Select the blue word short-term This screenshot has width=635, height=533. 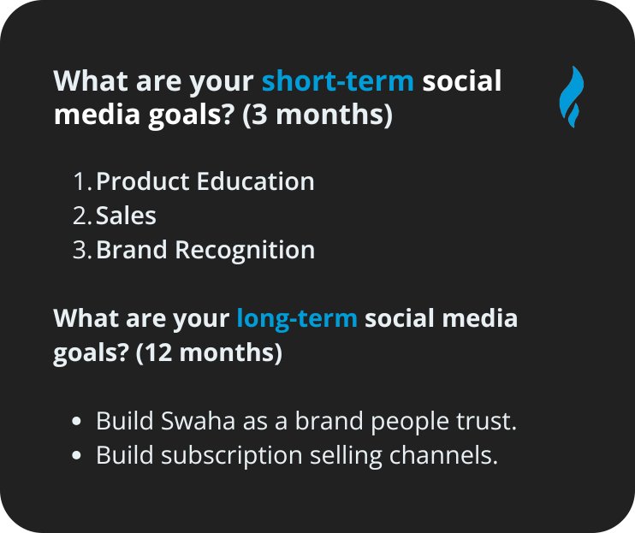point(338,82)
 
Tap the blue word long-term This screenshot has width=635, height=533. point(297,319)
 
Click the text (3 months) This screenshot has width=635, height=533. point(317,115)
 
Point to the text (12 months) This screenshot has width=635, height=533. point(209,352)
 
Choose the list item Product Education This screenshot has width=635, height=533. point(205,181)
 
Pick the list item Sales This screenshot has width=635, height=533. point(126,216)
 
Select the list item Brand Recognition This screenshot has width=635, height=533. point(205,250)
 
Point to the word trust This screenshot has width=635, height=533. point(489,422)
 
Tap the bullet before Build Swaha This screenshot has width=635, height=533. point(78,423)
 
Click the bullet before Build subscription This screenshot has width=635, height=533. point(78,457)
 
